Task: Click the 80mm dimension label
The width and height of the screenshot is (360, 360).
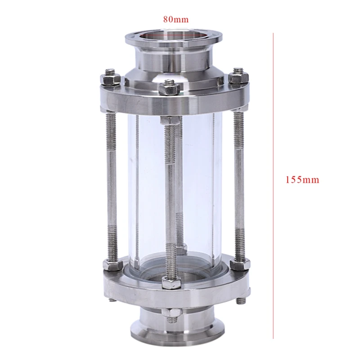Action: (x=176, y=19)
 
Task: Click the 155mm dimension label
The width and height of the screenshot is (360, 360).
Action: (x=302, y=180)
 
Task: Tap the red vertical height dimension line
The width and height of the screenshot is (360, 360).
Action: (x=273, y=186)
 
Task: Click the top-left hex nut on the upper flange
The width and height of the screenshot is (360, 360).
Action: (x=111, y=79)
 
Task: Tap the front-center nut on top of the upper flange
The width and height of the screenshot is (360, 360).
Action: (x=170, y=88)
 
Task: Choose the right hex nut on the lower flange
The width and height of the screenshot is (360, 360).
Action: (x=240, y=264)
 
